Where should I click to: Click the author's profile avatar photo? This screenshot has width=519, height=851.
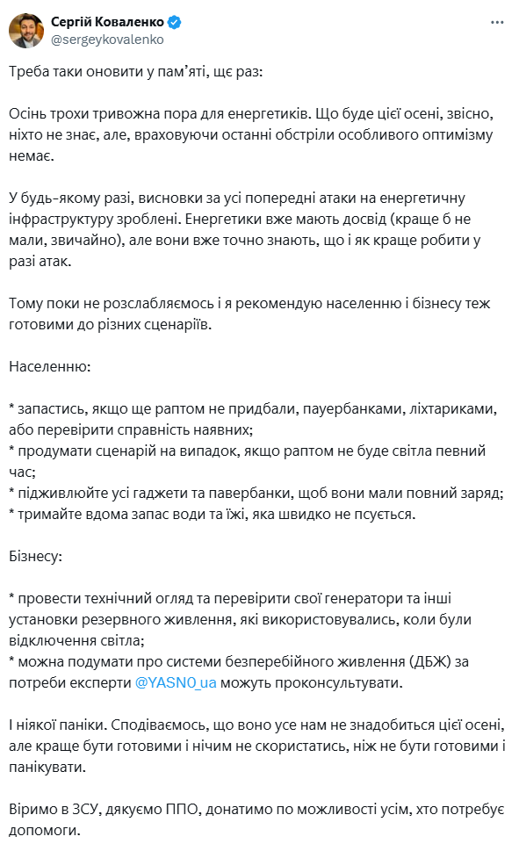point(26,30)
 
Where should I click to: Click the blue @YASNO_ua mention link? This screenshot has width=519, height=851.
point(177,682)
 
